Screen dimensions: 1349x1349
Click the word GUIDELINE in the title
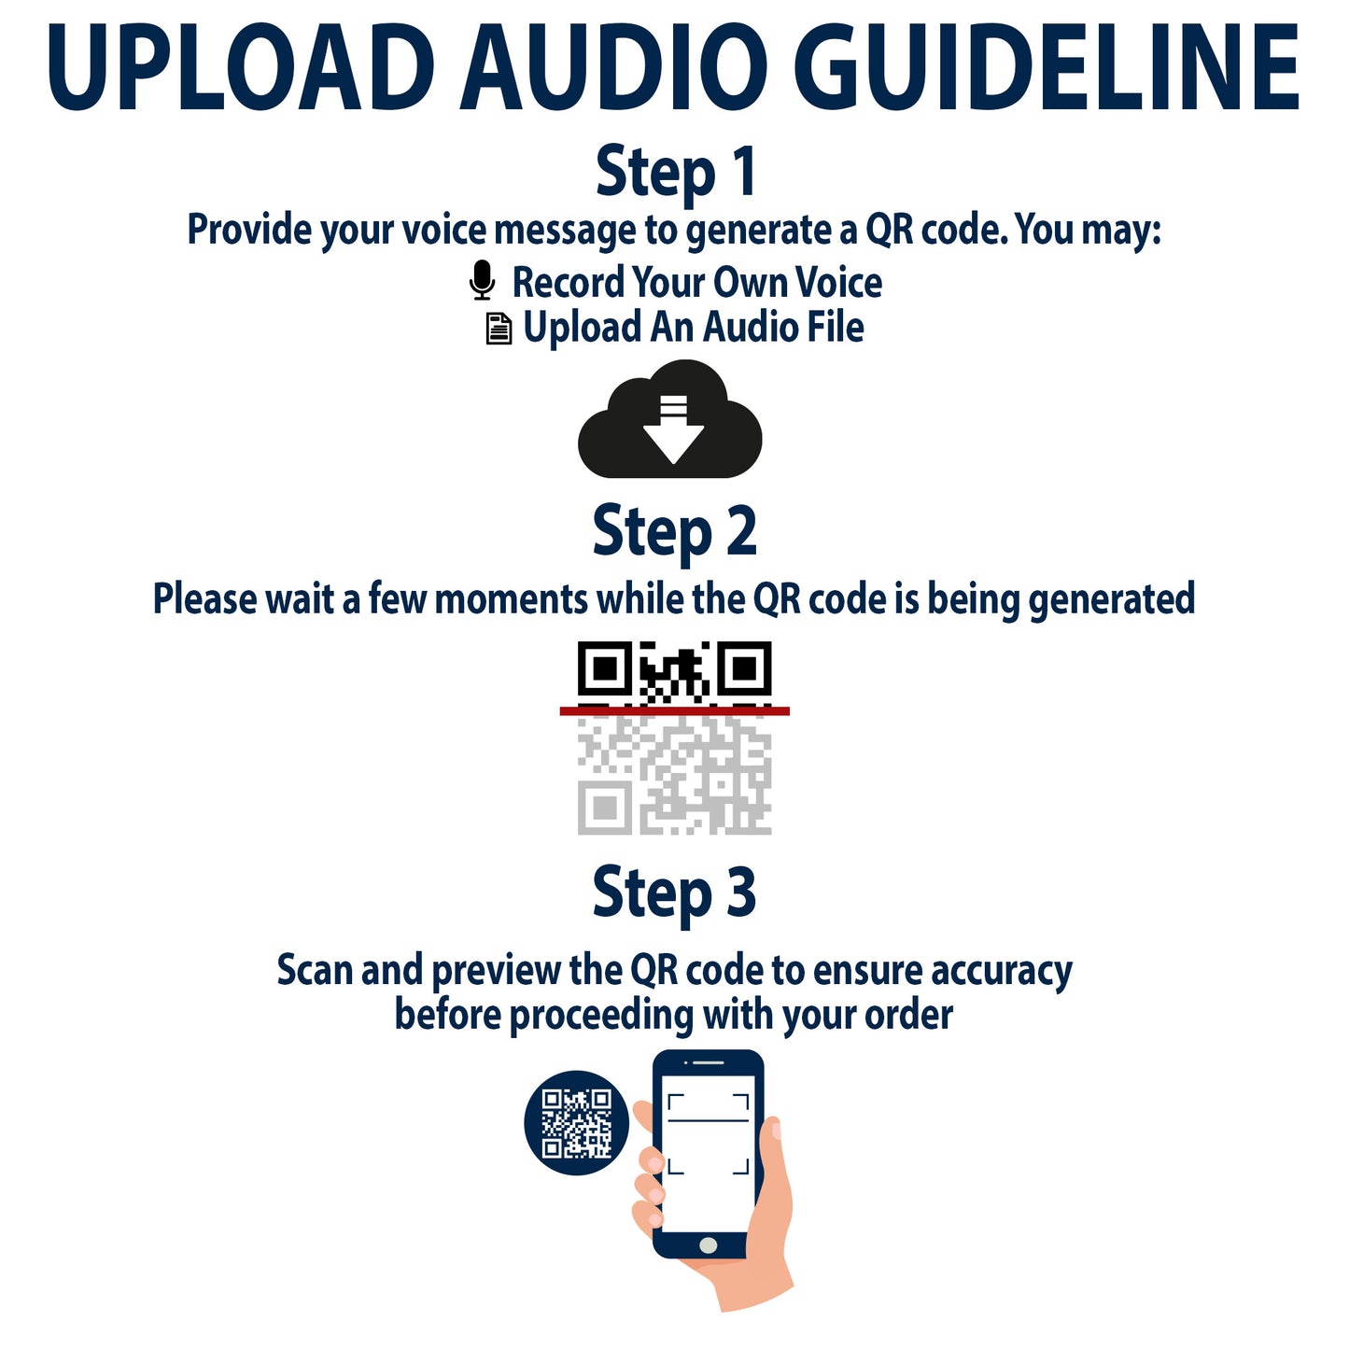(1046, 67)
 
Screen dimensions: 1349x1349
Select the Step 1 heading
(675, 172)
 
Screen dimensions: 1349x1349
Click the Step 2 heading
(675, 532)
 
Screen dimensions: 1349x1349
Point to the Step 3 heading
(675, 892)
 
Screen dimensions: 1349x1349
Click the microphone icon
(483, 281)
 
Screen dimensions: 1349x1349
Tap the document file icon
(499, 329)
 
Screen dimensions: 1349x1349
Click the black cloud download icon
(670, 419)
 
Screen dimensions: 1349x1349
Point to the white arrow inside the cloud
(673, 429)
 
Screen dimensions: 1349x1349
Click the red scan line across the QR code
(675, 711)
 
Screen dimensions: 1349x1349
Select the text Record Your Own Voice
(697, 282)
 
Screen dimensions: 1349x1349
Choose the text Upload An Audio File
(693, 328)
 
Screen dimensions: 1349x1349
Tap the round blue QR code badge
(576, 1123)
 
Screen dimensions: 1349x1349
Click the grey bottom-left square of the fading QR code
(605, 808)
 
